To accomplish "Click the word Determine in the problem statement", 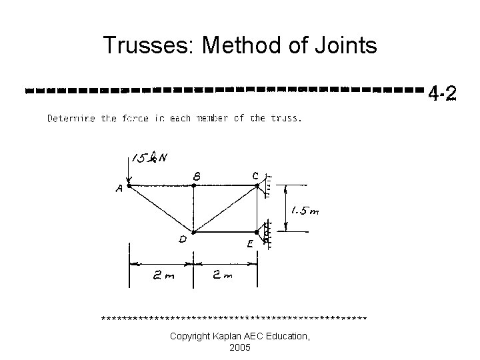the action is pos(71,119).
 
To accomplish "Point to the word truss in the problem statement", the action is pos(285,119).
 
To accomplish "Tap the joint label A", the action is pos(119,189).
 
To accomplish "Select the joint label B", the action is pos(197,176).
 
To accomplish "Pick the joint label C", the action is pos(255,175).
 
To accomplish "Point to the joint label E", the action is pos(249,245).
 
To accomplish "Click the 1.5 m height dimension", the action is pos(304,211).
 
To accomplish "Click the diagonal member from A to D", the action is pos(161,209).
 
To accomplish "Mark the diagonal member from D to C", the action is pos(225,209).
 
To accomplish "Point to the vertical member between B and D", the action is pos(193,209).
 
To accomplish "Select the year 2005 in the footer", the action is pos(239,348).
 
